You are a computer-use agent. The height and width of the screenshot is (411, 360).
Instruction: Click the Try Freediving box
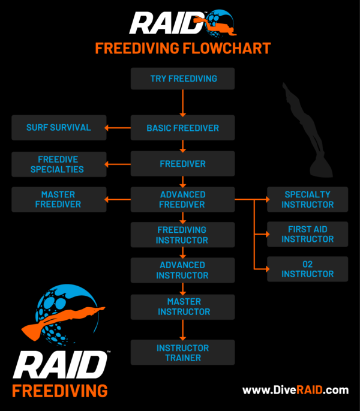183,79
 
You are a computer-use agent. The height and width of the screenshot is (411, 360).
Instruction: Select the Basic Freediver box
183,128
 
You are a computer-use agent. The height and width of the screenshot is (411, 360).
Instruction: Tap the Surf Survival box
59,127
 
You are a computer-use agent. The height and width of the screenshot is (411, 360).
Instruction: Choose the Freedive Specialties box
59,164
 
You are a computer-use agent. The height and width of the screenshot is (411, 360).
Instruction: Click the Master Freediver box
59,199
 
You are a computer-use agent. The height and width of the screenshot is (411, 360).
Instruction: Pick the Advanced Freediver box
183,199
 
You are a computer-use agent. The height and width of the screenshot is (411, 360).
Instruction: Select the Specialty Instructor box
308,199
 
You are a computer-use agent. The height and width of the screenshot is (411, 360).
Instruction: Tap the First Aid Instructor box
308,234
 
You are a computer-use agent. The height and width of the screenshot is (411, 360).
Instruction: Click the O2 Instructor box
308,269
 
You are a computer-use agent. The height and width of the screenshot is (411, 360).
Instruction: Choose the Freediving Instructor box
183,235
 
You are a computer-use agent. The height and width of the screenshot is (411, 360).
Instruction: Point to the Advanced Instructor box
183,270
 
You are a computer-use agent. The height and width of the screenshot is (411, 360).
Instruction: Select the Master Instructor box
183,307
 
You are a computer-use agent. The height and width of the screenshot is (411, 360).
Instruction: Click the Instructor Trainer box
183,353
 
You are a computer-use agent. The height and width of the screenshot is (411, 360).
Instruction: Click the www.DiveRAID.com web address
295,390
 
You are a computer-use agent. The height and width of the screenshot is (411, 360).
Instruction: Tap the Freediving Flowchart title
183,48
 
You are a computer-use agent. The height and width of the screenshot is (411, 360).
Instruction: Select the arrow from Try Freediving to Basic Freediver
183,103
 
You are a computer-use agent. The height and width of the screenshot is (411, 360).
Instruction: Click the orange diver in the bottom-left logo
58,318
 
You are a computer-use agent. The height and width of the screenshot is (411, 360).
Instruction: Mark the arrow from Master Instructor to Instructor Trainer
183,329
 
